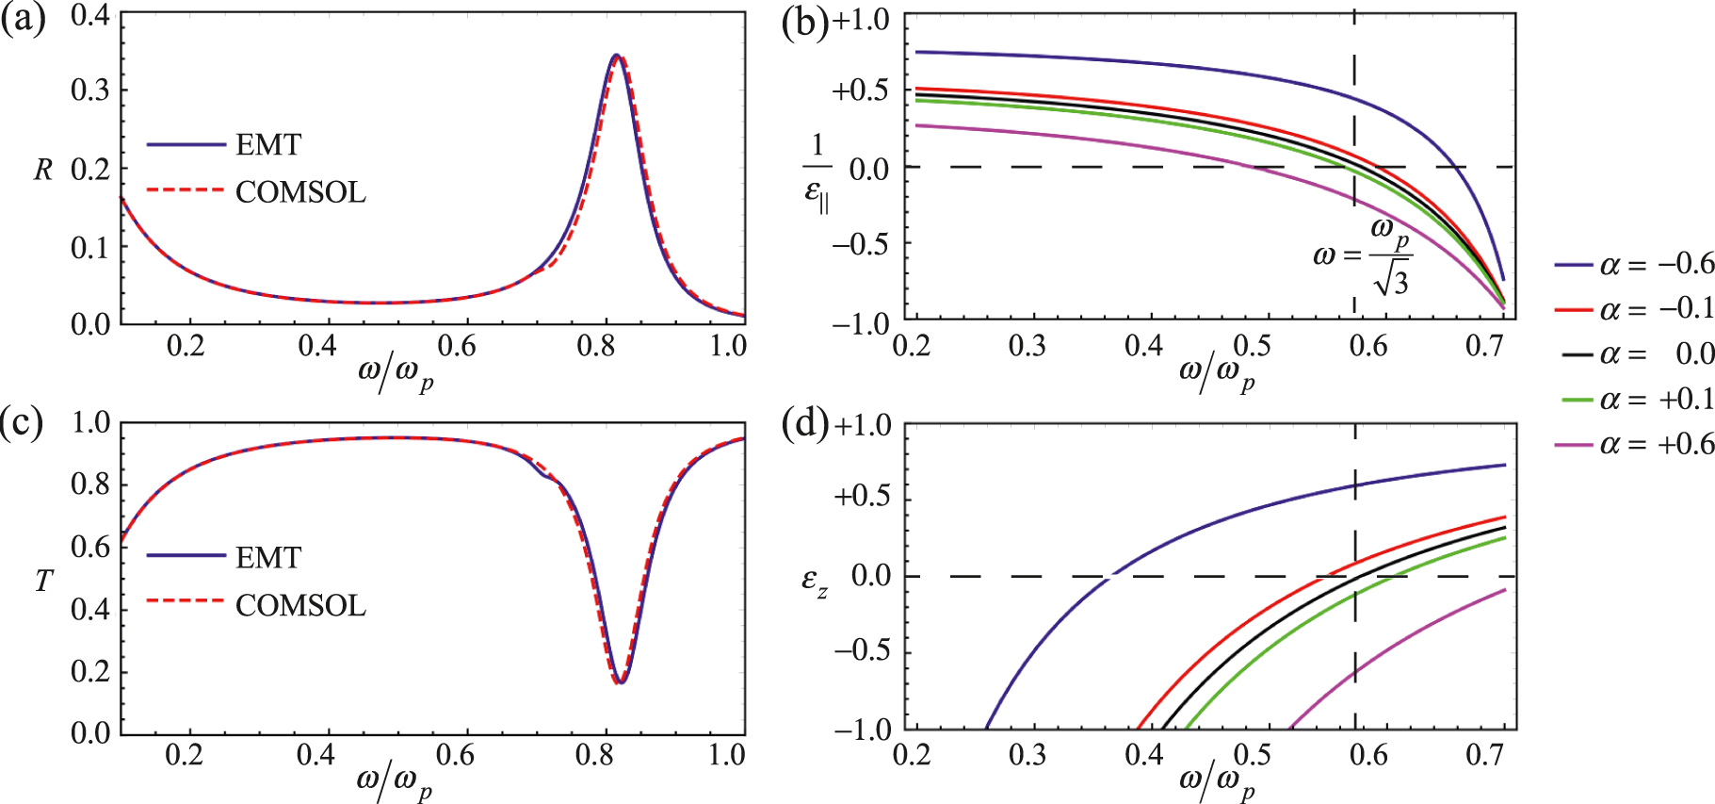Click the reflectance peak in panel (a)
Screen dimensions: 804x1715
(616, 57)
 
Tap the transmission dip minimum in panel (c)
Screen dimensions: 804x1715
(620, 681)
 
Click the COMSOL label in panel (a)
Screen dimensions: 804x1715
(300, 192)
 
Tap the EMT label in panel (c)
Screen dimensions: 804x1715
(268, 558)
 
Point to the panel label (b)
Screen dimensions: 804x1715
(805, 21)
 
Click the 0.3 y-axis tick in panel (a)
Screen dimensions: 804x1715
(90, 90)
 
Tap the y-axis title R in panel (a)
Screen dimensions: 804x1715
(43, 171)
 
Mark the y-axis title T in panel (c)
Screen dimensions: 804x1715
(43, 582)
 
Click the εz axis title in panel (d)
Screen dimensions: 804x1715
(815, 582)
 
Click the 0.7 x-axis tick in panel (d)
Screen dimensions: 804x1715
(1484, 755)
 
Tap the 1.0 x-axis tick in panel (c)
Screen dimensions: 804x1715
(727, 755)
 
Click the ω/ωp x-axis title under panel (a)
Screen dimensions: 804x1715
(396, 372)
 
